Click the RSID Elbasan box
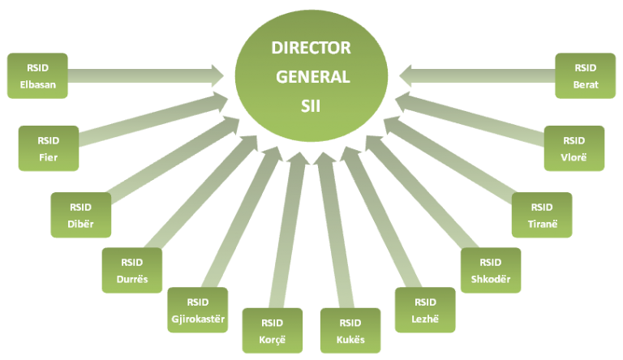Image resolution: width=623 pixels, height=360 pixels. pos(37,75)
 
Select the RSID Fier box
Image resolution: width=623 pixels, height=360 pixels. pos(49,148)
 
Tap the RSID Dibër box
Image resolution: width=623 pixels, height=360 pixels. pos(80,215)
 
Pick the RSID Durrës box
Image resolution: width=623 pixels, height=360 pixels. pos(132,270)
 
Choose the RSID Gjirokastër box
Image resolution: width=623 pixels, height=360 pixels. pos(197,310)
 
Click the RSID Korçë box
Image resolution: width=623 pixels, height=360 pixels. pos(273,331)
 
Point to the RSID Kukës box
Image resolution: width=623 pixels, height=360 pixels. pos(350,331)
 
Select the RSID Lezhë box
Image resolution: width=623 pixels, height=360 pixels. pos(425,310)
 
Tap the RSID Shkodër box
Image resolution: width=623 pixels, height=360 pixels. pos(491,270)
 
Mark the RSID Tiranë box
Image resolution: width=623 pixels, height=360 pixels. pos(542,215)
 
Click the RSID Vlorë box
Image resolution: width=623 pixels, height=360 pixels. pos(574,148)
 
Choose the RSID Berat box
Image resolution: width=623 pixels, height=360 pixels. pos(585,75)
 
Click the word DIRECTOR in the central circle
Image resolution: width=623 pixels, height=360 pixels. pos(311,48)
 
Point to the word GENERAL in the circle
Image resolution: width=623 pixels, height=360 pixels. pos(313,77)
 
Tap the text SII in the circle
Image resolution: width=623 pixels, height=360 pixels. pos(311,106)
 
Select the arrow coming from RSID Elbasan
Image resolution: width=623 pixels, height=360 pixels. pos(146,75)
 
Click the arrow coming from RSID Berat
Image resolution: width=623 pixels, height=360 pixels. pos(477,75)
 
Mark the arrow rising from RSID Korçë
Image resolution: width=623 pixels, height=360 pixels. pos(289,230)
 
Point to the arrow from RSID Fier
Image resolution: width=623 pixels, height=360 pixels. pos(153,118)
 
